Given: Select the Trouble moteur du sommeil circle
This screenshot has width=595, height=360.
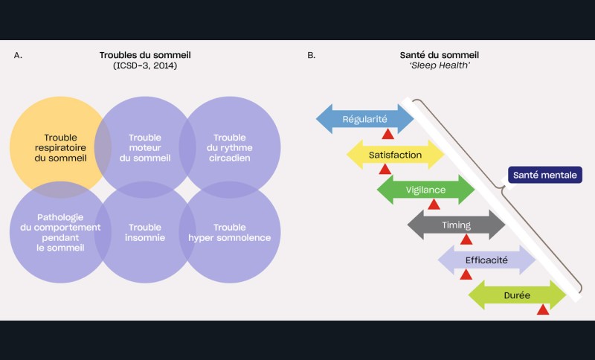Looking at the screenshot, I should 145,147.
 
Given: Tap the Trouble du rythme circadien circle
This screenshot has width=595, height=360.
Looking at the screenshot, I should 230,147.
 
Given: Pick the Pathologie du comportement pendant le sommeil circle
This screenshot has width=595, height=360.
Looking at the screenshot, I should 59,232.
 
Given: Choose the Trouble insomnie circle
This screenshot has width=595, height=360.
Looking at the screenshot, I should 145,232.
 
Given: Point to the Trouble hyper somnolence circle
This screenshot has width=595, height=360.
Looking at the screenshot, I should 230,232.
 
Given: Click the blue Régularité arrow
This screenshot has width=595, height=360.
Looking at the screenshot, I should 364,119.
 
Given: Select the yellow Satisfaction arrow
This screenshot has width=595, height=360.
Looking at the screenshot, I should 395,155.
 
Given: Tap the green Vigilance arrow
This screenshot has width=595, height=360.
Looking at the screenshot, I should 425,190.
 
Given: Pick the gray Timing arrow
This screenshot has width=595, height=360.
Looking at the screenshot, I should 456,225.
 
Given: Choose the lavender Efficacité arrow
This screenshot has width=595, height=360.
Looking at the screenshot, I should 486,260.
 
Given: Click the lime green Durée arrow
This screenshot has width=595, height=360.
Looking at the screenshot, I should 517,295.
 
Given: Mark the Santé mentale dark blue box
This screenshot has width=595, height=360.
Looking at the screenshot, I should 545,176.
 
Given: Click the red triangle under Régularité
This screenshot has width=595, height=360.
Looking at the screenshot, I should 387,135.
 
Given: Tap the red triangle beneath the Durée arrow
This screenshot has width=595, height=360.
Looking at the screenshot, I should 543,309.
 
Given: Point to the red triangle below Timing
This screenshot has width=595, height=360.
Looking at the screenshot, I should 466,240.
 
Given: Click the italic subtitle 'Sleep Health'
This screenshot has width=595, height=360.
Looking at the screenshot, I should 439,66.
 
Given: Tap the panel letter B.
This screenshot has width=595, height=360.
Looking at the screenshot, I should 311,56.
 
